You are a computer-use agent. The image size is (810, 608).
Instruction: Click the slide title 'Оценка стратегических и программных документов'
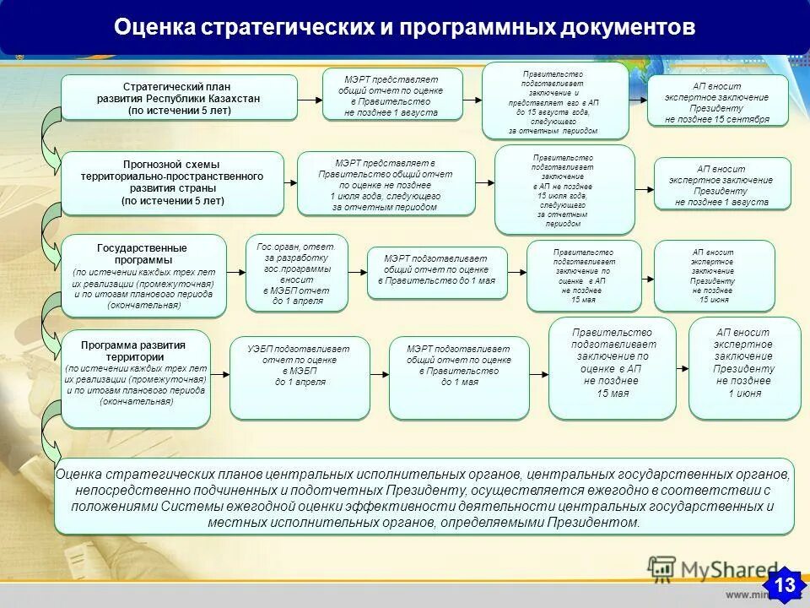[x=404, y=28]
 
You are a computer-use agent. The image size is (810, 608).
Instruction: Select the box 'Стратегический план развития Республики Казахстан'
[x=179, y=98]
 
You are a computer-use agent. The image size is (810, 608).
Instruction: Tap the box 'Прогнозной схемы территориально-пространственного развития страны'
[x=172, y=183]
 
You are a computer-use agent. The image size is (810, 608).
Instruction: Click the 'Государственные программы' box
[x=143, y=276]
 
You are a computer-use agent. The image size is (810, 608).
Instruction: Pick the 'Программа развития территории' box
[x=135, y=378]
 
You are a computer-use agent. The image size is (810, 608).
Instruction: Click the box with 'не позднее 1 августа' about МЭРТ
[x=391, y=95]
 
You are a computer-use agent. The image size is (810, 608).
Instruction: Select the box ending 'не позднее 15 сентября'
[x=717, y=100]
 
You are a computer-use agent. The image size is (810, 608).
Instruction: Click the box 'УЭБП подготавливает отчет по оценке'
[x=299, y=377]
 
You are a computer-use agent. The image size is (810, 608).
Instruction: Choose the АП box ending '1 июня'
[x=744, y=368]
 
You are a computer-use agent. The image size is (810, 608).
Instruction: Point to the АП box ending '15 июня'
[x=714, y=276]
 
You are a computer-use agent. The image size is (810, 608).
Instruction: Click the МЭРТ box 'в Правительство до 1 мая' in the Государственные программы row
[x=436, y=273]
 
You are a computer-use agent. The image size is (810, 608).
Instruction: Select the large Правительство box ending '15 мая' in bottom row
[x=612, y=368]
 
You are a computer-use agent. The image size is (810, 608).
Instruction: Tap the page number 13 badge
[x=784, y=584]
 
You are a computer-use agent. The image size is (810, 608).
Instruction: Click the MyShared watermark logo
[x=713, y=569]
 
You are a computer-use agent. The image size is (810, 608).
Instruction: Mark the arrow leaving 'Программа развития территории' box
[x=220, y=373]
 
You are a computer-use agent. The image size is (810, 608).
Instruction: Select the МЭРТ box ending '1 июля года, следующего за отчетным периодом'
[x=386, y=184]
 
